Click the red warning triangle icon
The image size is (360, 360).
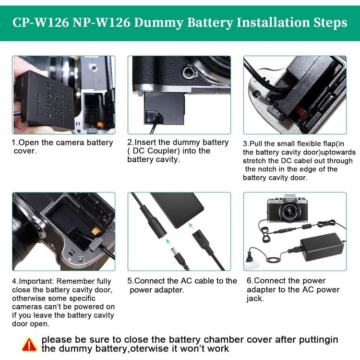[29, 344]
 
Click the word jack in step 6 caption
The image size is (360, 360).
[254, 298]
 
